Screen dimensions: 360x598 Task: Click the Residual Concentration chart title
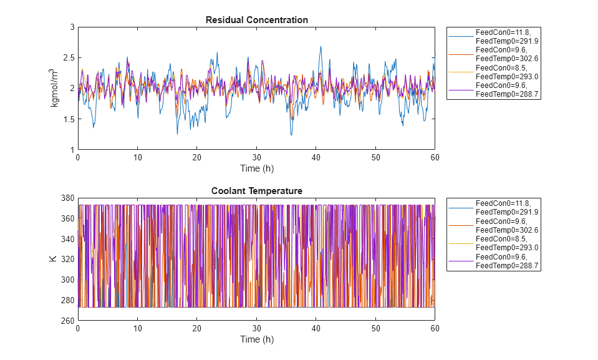256,20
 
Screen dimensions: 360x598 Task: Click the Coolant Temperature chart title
256,191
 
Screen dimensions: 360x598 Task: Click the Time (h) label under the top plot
256,168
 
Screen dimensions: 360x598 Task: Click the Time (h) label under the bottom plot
256,339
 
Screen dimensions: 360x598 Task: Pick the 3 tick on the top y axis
72,27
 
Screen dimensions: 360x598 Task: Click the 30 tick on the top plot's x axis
256,158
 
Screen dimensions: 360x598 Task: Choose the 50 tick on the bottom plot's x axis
375,329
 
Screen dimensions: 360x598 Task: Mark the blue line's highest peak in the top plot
321,46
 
